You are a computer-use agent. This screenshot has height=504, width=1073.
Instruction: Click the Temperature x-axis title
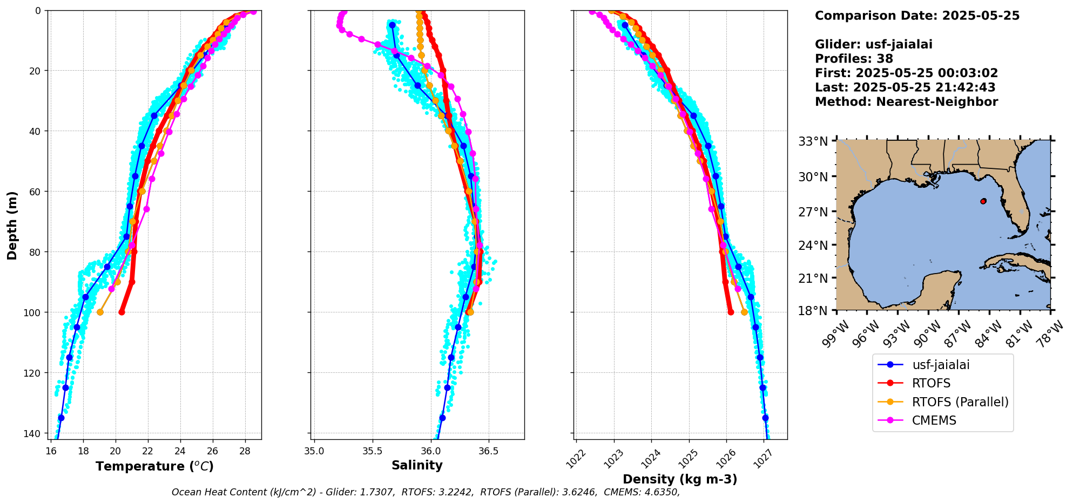[154, 466]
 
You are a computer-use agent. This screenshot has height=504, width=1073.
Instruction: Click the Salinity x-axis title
[417, 465]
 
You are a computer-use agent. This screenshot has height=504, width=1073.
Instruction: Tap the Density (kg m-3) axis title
[680, 479]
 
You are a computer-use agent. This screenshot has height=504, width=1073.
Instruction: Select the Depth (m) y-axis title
[12, 225]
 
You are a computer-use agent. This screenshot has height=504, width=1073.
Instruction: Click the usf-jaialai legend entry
[941, 365]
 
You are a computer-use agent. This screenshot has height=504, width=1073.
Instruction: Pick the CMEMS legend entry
[934, 420]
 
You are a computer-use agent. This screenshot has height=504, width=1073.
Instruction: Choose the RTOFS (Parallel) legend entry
[960, 402]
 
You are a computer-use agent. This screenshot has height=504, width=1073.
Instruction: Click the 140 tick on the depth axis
[33, 433]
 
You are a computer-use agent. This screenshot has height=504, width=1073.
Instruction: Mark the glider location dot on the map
[983, 201]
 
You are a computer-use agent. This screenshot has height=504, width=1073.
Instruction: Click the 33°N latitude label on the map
[813, 141]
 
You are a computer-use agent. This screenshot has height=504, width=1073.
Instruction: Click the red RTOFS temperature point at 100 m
[122, 312]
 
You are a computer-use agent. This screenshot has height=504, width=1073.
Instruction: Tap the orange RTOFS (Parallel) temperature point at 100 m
[100, 312]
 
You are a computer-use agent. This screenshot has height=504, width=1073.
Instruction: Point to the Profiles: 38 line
[854, 59]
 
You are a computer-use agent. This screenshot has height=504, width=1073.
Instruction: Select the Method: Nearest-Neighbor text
[906, 102]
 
